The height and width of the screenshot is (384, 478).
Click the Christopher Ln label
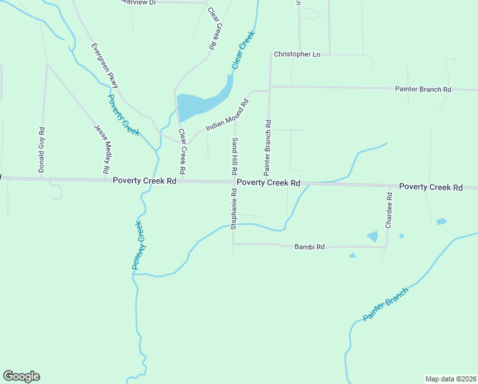[297, 54]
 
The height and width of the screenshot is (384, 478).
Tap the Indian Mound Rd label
[227, 116]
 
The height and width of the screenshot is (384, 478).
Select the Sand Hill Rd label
[235, 157]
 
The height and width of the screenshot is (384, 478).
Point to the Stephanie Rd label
[235, 209]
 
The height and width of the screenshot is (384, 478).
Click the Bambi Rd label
[310, 247]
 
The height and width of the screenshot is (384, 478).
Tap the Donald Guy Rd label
[42, 150]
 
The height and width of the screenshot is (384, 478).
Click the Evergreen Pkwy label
[105, 66]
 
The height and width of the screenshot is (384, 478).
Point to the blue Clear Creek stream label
[243, 50]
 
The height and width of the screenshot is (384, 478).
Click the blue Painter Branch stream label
[385, 305]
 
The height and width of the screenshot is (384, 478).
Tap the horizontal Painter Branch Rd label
[423, 90]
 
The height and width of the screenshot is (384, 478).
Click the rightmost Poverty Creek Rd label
[431, 187]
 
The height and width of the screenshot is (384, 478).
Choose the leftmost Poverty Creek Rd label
[144, 181]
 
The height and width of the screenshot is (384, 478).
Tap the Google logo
[21, 376]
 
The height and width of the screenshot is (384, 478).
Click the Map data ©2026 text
[451, 378]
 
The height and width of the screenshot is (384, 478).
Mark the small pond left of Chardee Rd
[373, 236]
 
